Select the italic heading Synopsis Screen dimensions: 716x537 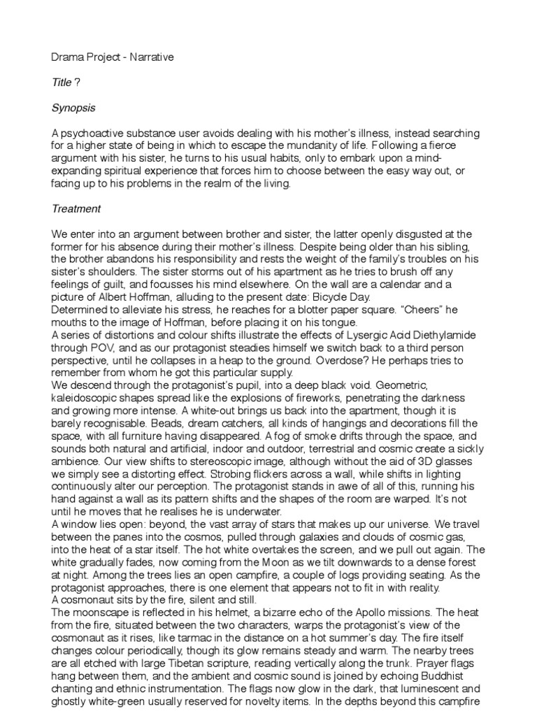(73, 108)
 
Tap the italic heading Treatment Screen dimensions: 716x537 (76, 208)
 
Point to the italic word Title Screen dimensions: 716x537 (62, 83)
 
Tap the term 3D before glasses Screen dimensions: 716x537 (403, 461)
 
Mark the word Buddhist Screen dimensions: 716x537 (428, 675)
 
